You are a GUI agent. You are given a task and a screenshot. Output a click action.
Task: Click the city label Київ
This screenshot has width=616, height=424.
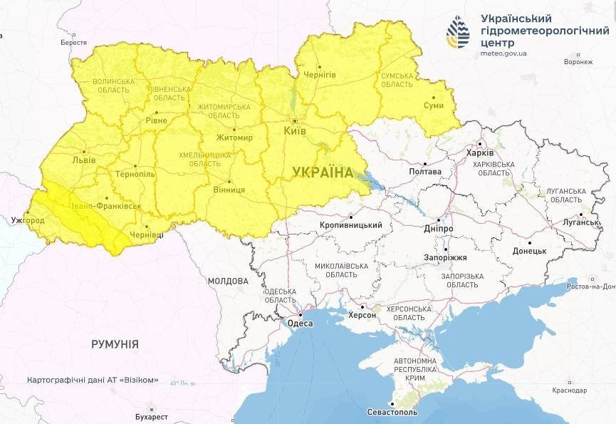click(x=294, y=132)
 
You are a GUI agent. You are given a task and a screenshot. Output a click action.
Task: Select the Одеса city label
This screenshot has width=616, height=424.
click(x=298, y=324)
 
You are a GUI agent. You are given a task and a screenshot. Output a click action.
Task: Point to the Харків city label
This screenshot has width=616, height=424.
click(x=479, y=153)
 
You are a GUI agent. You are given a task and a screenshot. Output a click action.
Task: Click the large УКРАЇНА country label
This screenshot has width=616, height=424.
click(x=323, y=172)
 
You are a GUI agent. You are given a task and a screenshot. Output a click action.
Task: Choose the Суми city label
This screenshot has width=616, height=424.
click(x=433, y=105)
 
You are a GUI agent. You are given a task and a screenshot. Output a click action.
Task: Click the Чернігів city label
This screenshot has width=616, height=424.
click(x=320, y=75)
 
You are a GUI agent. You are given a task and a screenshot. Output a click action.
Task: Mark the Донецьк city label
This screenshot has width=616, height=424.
click(x=528, y=251)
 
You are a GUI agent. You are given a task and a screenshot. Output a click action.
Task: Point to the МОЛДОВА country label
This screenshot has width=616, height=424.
click(x=228, y=281)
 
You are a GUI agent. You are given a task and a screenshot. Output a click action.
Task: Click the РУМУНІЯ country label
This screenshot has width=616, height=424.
click(x=115, y=344)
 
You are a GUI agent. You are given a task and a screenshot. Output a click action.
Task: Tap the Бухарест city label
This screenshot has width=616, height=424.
click(x=150, y=416)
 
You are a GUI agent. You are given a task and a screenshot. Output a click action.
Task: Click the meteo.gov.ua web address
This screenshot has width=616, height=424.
click(x=504, y=53)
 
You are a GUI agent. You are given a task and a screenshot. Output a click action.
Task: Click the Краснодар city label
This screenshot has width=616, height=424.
click(x=568, y=391)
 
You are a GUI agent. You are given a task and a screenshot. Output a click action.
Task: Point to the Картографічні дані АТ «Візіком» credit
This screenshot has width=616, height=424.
click(x=93, y=381)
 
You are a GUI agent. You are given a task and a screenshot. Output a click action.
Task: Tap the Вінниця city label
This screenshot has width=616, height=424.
click(x=229, y=190)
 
